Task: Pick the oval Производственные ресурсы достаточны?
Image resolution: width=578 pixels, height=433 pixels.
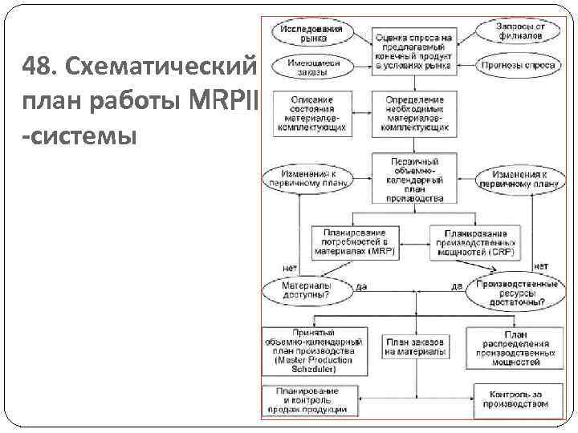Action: click(x=517, y=293)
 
